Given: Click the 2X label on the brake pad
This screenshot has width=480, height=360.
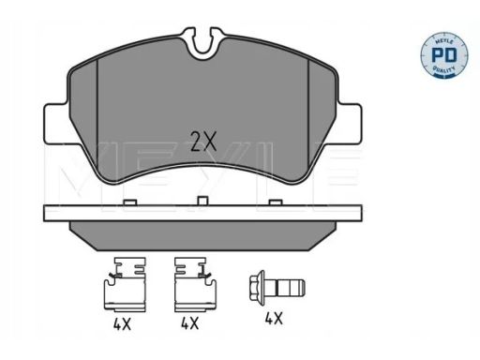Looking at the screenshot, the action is coord(203,141).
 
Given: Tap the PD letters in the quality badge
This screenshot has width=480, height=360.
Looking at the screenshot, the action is coord(443,55).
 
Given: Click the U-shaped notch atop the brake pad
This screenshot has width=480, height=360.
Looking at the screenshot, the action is coord(203,44).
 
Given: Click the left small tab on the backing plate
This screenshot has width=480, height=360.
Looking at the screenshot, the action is coord(130,202).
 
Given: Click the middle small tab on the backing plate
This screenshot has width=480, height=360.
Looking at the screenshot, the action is coord(203,201).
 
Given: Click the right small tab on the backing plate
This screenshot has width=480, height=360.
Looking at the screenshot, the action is coord(276,202).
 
